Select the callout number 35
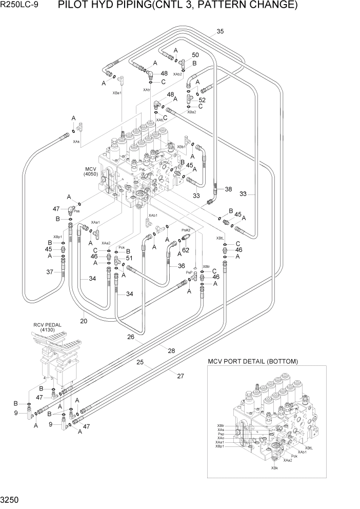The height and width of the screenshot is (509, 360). point(220,31)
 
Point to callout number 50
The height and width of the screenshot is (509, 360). point(195,55)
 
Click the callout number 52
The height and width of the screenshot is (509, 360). point(202,100)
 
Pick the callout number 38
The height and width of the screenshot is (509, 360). point(228,189)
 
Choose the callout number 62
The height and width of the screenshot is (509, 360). point(185,250)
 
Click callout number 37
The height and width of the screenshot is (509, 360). point(50,272)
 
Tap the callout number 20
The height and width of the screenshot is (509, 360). point(84,321)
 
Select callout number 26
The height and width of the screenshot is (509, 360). point(131,337)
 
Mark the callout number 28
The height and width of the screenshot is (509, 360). point(171,350)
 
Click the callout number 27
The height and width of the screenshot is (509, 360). point(180,376)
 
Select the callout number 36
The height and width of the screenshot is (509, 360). point(181,266)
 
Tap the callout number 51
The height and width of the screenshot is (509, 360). point(129,258)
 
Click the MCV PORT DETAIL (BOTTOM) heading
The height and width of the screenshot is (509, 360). point(252,361)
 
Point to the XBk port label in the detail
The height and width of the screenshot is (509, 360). point(275,467)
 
